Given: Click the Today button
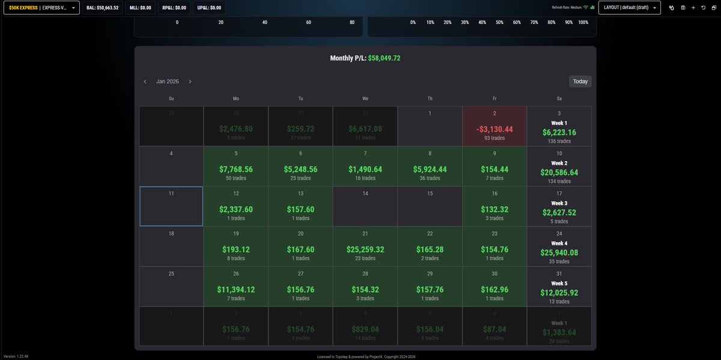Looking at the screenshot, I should [580, 81].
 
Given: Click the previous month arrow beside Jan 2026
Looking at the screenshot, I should [145, 81].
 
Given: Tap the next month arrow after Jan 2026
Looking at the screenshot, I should [190, 81].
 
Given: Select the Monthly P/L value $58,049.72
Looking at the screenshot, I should [384, 58].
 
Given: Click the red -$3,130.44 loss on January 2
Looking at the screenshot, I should [494, 129].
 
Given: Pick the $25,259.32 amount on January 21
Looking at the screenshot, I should [365, 249].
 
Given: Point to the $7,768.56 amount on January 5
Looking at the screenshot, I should [236, 169].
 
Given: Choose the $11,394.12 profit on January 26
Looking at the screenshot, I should [236, 290].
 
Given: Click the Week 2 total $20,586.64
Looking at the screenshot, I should [559, 172].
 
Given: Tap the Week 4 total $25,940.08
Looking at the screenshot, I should [559, 253].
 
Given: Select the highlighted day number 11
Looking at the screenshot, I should [171, 194].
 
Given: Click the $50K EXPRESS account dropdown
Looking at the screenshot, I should [41, 8].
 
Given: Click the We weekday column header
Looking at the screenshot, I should [365, 98].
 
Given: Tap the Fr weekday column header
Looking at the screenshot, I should [494, 98].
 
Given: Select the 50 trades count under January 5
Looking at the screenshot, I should [236, 178].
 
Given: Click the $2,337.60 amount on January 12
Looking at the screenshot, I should [236, 210].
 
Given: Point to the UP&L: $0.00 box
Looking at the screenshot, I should [208, 8].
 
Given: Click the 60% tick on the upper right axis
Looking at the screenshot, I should [517, 22].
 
